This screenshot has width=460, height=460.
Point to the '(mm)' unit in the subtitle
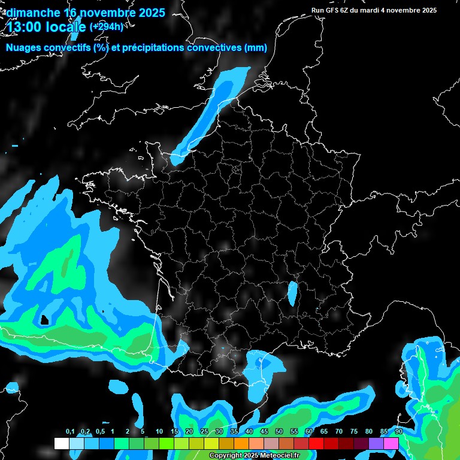[x=255, y=48]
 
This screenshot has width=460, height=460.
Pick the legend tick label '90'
[x=398, y=431]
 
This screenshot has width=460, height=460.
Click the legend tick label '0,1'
[x=69, y=431]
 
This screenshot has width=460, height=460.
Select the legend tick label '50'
[x=279, y=431]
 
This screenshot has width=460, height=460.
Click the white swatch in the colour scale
[x=61, y=443]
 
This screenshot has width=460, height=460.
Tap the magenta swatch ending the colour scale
[x=391, y=443]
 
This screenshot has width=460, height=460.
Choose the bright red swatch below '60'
[x=316, y=443]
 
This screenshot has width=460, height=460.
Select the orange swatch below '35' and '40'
[x=241, y=443]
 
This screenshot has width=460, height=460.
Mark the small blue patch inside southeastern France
[x=292, y=293]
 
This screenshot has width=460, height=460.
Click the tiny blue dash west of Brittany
[x=15, y=146]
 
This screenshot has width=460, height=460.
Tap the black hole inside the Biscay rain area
[x=43, y=320]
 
